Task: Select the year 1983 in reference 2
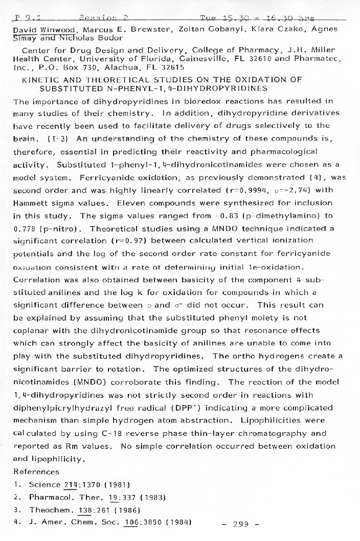click(x=152, y=497)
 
